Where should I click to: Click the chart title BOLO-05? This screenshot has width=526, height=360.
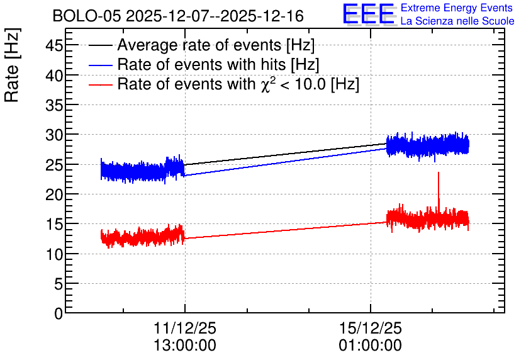tap(86, 16)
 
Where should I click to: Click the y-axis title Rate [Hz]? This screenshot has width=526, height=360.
tap(12, 65)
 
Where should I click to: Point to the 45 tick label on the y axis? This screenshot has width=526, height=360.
tap(54, 45)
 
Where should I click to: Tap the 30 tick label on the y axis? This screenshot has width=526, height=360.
tap(54, 135)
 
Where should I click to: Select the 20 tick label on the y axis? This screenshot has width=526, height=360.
tap(54, 194)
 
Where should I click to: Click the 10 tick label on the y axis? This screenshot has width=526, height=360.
tap(54, 254)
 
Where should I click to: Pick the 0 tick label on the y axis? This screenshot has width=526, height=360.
tap(59, 313)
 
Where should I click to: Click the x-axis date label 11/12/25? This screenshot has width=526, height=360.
tap(185, 328)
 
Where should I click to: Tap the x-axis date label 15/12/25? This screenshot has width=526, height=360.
tap(371, 328)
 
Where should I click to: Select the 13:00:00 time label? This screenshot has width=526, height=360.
tap(185, 345)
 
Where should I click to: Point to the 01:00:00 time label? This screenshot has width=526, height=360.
tap(371, 345)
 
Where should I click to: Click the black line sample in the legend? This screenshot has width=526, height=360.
tap(100, 45)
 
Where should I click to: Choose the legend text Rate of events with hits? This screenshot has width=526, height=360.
tap(201, 64)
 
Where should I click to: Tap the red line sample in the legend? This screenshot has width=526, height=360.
tap(100, 85)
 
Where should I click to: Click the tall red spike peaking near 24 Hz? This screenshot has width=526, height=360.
tap(438, 191)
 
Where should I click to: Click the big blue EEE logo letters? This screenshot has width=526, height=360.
tap(368, 14)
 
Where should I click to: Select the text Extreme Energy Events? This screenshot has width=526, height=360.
tap(457, 8)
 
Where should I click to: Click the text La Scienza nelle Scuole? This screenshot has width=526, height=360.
tap(457, 21)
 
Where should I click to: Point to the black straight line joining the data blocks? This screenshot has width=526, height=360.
tap(286, 154)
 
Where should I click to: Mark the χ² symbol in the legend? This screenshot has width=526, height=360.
tap(266, 84)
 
